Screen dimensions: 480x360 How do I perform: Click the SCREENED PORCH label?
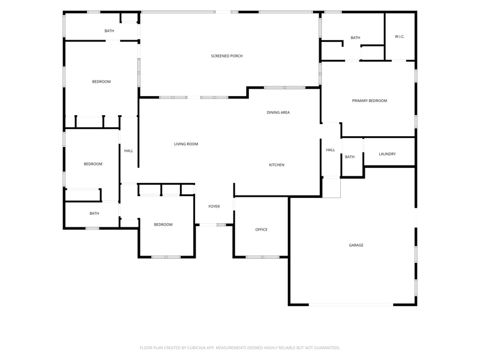point(227,56)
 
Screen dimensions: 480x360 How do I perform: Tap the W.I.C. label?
point(400,37)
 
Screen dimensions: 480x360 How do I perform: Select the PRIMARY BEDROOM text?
point(369,101)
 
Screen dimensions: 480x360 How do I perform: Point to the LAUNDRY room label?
point(387,154)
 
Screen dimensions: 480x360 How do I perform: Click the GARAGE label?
point(356,245)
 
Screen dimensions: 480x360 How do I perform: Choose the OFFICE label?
point(262,230)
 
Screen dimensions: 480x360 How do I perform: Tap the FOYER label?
point(214,206)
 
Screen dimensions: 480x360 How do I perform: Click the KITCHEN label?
point(277,165)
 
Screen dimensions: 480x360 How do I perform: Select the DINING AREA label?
point(278,113)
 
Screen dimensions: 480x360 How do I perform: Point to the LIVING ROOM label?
point(186,144)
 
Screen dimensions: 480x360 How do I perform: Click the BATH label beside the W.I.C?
point(355,38)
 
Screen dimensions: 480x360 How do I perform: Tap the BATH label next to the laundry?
point(350,157)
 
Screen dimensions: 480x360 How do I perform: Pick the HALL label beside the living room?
point(128,151)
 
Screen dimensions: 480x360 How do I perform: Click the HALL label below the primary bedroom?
point(331,150)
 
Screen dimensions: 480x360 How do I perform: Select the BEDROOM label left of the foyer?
point(163,224)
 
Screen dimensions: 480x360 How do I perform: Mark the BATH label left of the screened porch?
point(109,31)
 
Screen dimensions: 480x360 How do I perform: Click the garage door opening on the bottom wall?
point(351,305)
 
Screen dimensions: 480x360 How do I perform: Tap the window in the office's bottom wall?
point(263,257)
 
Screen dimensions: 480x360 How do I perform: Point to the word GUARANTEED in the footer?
point(328,348)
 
